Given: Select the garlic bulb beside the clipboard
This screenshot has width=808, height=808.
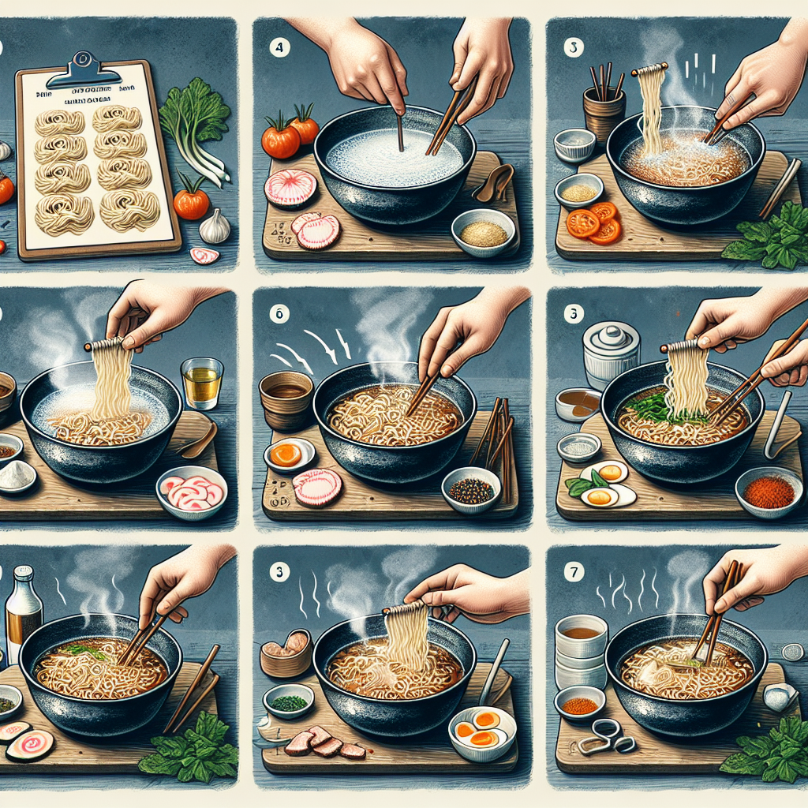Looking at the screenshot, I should pyautogui.click(x=214, y=227).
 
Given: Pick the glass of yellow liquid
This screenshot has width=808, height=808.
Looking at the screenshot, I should pyautogui.click(x=201, y=383).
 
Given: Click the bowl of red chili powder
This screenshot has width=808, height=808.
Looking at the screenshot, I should pyautogui.click(x=768, y=492).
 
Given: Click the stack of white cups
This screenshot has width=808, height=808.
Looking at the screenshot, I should pyautogui.click(x=581, y=651).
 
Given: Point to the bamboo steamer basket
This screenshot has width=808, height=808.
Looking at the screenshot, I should pyautogui.click(x=286, y=653).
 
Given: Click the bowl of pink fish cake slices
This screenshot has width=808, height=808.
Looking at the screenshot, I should pyautogui.click(x=192, y=492).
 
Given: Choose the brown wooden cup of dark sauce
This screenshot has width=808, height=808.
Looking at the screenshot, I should pyautogui.click(x=286, y=398).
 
